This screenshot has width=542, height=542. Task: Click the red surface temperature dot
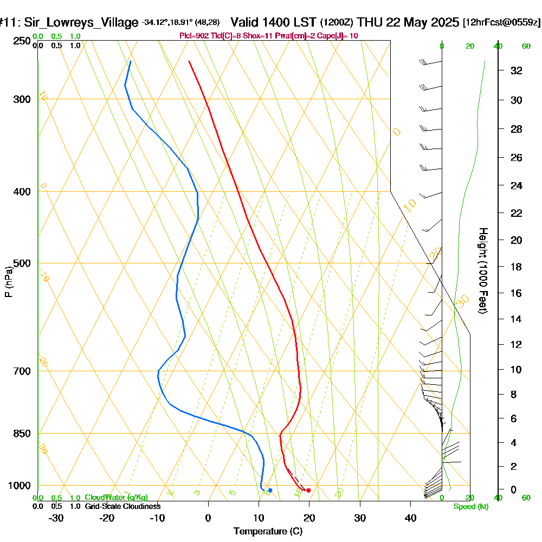tap(308, 491)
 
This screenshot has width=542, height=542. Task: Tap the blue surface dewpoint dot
tap(270, 491)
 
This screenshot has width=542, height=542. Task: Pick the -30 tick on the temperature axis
tap(56, 518)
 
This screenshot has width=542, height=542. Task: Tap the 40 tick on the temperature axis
tap(411, 518)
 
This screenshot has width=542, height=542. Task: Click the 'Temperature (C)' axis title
tap(268, 531)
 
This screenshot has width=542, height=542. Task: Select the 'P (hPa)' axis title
tap(8, 282)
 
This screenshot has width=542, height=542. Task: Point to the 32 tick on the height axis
tap(517, 70)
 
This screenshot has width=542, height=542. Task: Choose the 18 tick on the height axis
tap(517, 267)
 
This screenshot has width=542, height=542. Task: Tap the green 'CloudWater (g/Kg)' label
tap(116, 498)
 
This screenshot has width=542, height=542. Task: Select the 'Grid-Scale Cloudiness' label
tap(122, 506)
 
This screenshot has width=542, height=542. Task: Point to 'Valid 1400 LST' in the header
tap(274, 23)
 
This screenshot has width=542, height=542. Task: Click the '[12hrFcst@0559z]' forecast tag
tap(501, 23)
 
